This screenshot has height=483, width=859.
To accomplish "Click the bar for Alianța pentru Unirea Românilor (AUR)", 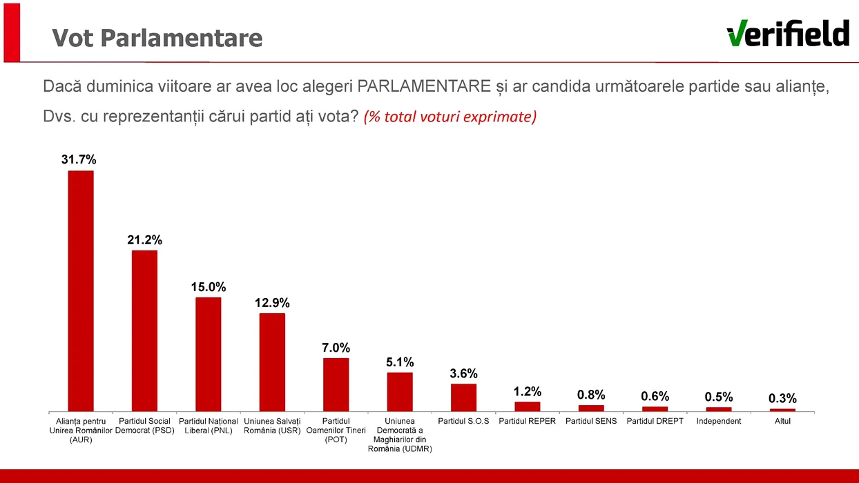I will click(80, 290).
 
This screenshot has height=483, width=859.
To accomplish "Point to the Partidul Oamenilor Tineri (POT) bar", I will click(336, 384).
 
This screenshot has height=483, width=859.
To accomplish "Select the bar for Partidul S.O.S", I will click(463, 397).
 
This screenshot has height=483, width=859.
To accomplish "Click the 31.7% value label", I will click(79, 159).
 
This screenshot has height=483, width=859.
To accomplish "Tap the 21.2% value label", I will click(144, 240).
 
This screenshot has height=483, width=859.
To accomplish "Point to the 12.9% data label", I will click(272, 303).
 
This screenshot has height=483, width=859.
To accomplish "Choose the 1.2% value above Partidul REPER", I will click(528, 392).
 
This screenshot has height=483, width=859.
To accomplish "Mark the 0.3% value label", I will click(782, 398).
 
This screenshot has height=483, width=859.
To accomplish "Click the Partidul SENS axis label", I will click(590, 421).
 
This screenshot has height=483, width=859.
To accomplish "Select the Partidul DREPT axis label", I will click(655, 421).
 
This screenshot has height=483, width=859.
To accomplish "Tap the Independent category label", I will click(718, 421).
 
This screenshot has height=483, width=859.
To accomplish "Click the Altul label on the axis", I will click(782, 421).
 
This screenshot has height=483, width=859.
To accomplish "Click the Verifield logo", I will click(788, 33).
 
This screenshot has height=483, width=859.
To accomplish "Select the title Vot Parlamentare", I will click(157, 37).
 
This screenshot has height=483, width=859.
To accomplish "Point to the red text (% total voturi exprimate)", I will click(450, 117).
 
